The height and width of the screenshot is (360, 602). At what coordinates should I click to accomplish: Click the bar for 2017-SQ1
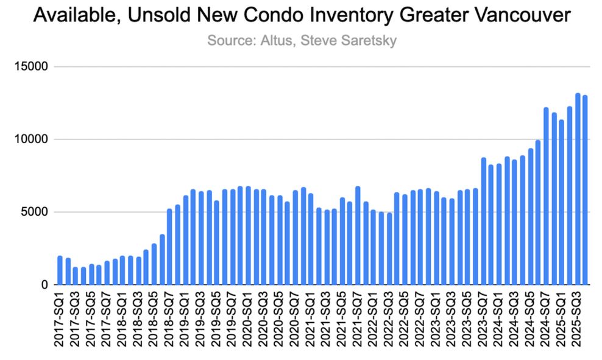click(60, 270)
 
